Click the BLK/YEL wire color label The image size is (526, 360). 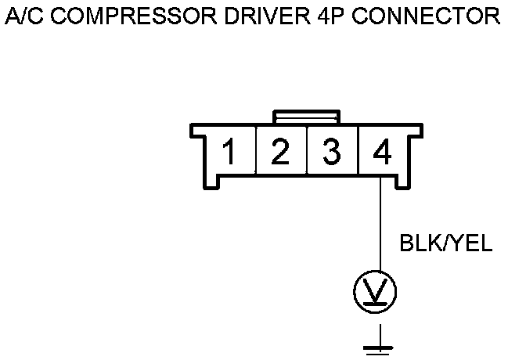click(445, 244)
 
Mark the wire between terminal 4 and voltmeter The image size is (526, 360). click(380, 227)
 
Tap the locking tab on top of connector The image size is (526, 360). click(306, 116)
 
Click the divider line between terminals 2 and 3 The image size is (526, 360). click(306, 150)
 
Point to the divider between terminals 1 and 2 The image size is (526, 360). click(255, 150)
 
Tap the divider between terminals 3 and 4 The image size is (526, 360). click(357, 150)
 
